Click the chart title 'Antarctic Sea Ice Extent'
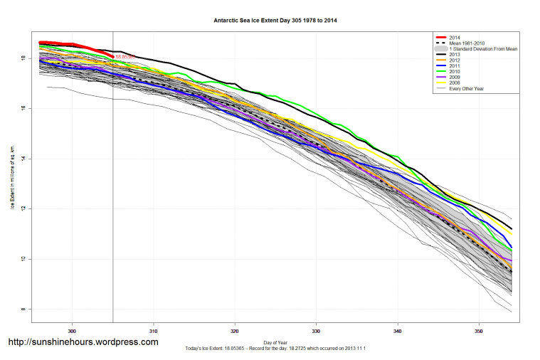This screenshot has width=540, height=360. tap(275, 21)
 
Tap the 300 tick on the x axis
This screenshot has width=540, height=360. tap(72, 332)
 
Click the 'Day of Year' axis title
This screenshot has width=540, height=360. tap(275, 341)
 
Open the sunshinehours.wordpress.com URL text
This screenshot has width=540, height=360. tap(83, 342)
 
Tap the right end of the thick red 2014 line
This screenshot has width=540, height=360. tap(113, 56)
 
